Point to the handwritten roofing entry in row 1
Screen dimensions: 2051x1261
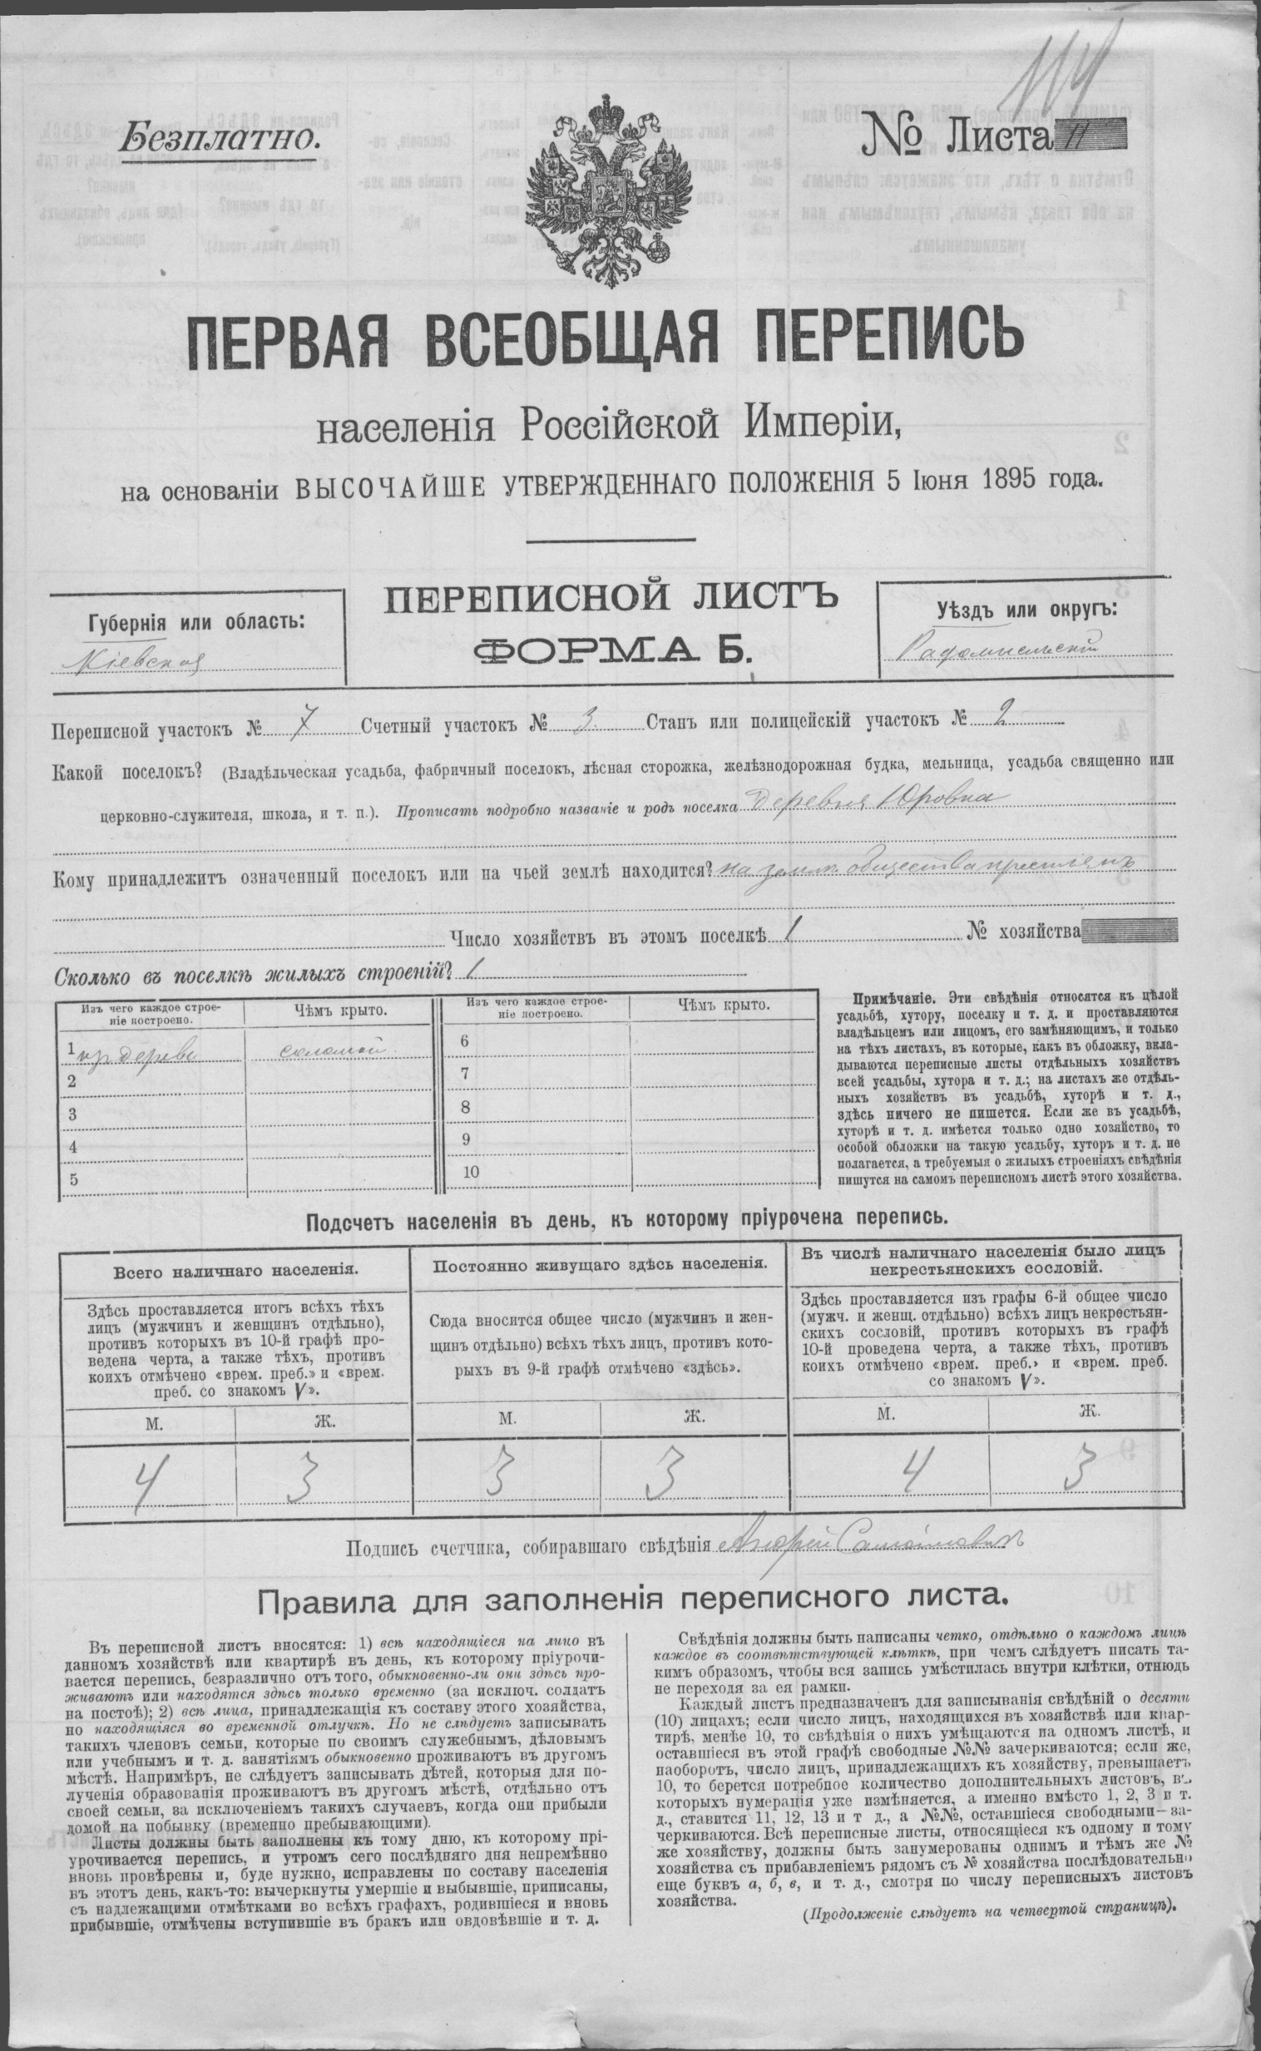click(x=337, y=1046)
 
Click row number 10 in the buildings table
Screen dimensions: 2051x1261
click(x=471, y=1171)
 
